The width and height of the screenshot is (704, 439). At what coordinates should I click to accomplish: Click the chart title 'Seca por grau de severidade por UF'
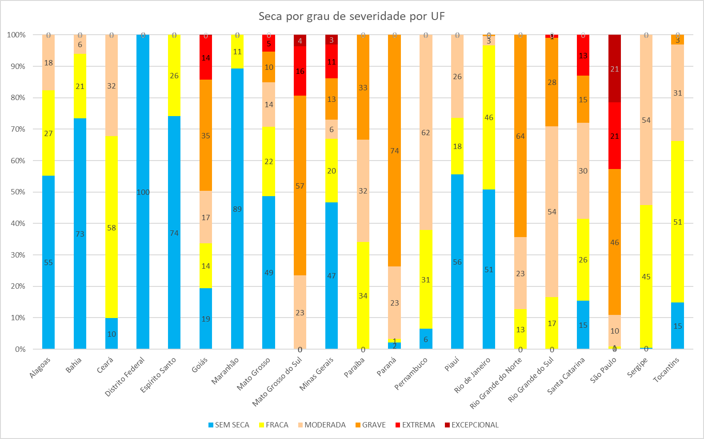point(352,16)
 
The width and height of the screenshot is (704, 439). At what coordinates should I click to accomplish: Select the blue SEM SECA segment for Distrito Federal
point(143,191)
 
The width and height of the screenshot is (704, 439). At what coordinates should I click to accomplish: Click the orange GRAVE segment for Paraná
point(394,150)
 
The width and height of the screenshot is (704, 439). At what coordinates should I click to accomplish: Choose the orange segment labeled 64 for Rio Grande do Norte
point(520,136)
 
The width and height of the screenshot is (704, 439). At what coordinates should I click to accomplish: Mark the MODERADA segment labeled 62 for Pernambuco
point(426,132)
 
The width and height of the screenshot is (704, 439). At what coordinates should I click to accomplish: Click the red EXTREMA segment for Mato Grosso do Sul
point(300,71)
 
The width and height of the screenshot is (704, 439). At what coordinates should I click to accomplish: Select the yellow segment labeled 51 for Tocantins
point(677,222)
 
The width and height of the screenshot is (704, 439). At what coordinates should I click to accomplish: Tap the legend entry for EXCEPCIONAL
point(472,425)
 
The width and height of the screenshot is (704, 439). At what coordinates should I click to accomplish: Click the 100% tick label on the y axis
point(16,35)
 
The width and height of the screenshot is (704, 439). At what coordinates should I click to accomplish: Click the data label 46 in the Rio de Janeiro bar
point(489,117)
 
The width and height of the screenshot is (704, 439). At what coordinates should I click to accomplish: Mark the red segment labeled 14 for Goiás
point(206,58)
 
